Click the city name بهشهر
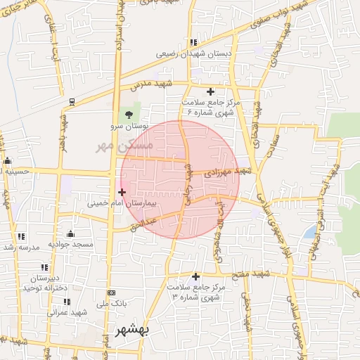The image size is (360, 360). pyautogui.click(x=133, y=331)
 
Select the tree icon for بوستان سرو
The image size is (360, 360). pyautogui.click(x=128, y=115)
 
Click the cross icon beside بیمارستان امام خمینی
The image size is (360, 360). pyautogui.click(x=122, y=191)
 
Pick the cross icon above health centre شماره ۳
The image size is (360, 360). pyautogui.click(x=195, y=276)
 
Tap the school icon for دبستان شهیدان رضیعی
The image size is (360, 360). pyautogui.click(x=193, y=42)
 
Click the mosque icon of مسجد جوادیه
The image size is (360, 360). pyautogui.click(x=70, y=233)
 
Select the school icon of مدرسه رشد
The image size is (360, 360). pyautogui.click(x=22, y=236)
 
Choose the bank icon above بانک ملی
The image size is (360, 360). pyautogui.click(x=110, y=292)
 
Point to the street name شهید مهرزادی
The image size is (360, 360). pyautogui.click(x=227, y=171)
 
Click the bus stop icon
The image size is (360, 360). pyautogui.click(x=72, y=101)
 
